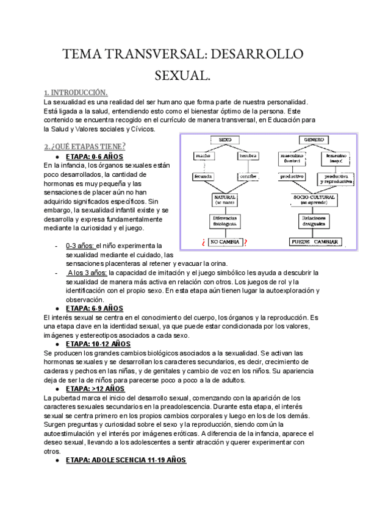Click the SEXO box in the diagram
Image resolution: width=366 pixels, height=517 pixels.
click(x=225, y=140)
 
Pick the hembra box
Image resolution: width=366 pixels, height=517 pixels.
click(x=249, y=156)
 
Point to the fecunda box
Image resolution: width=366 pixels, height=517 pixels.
click(x=204, y=176)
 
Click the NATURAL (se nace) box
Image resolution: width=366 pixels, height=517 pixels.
click(x=225, y=199)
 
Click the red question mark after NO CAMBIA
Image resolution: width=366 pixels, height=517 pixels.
click(x=245, y=243)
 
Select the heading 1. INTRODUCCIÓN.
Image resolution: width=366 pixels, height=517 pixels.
click(x=76, y=92)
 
